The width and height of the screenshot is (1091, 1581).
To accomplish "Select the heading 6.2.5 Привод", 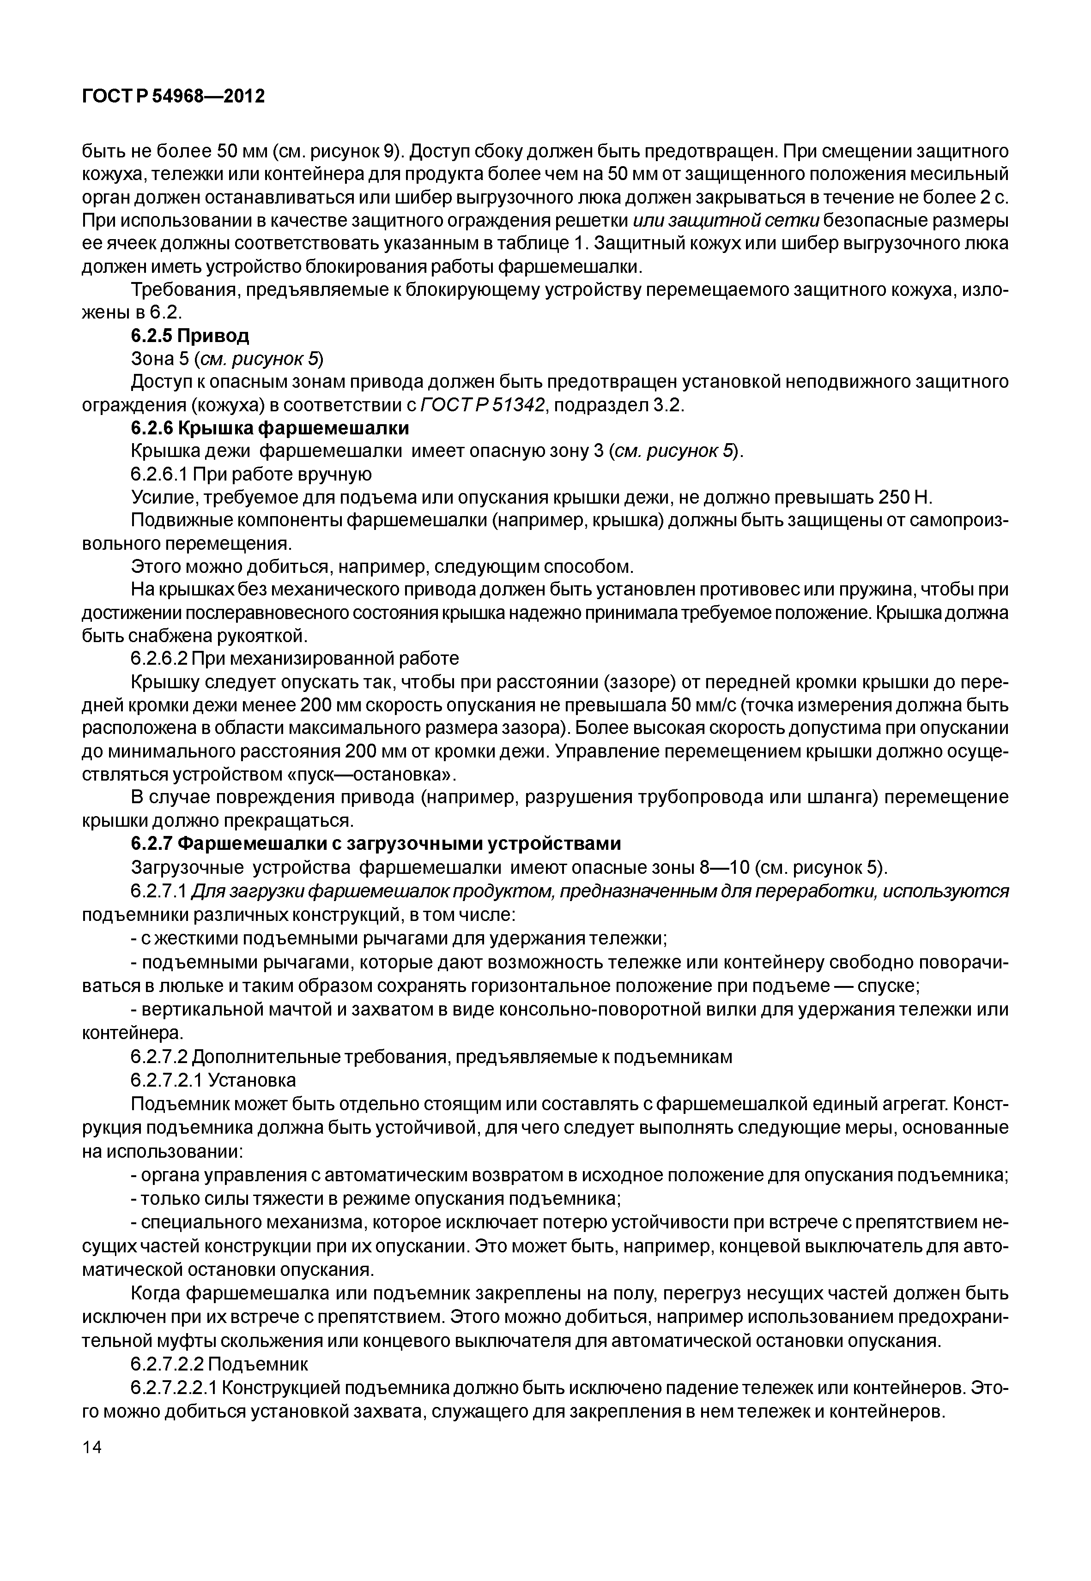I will click(x=190, y=336).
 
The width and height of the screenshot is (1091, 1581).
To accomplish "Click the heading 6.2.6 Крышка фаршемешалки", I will click(x=270, y=428).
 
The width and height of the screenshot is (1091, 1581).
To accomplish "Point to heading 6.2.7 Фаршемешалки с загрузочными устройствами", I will click(x=375, y=844).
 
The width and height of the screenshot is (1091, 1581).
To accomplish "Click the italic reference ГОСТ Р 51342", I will click(x=483, y=405).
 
